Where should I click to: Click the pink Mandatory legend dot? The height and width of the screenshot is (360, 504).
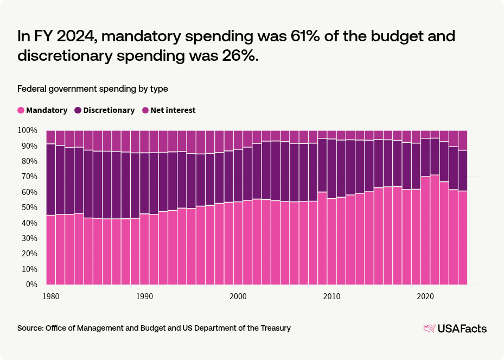pyautogui.click(x=21, y=110)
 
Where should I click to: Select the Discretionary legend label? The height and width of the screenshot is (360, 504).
pyautogui.click(x=109, y=110)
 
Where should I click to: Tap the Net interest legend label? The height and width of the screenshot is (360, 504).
pyautogui.click(x=173, y=110)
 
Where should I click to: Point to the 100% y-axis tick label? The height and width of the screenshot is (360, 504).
pyautogui.click(x=27, y=130)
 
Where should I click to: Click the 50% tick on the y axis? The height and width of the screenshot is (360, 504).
pyautogui.click(x=29, y=207)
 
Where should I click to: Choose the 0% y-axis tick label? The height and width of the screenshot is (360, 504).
pyautogui.click(x=31, y=285)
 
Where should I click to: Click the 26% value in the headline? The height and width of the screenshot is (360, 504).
pyautogui.click(x=234, y=56)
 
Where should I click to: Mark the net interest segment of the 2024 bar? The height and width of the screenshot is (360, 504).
pyautogui.click(x=463, y=140)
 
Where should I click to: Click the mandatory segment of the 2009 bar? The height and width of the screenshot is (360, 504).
pyautogui.click(x=322, y=238)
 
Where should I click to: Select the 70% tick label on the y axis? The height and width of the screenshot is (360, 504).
pyautogui.click(x=29, y=176)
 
